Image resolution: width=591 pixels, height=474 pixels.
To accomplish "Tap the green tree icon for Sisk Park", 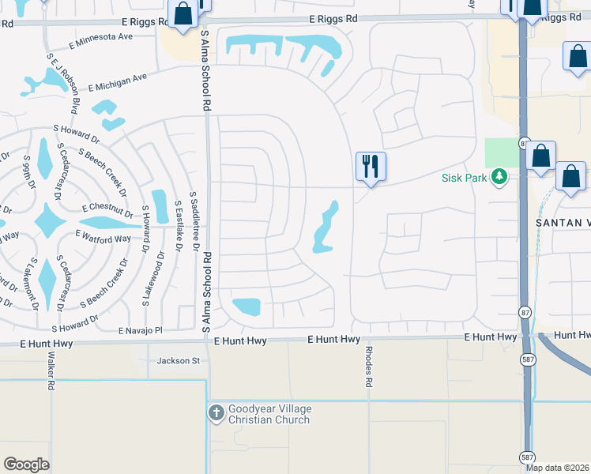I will (499, 177).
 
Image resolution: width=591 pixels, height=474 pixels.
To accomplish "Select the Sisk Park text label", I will (464, 178).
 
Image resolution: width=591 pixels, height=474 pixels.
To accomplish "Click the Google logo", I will (26, 465).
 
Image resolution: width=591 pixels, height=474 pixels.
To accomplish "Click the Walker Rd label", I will (50, 373).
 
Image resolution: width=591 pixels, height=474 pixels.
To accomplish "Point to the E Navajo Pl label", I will (141, 330).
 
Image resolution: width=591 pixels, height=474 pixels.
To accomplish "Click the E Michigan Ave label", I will (118, 81).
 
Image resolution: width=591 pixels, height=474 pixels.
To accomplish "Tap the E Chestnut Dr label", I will (108, 209).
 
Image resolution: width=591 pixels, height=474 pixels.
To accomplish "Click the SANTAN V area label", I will (563, 223).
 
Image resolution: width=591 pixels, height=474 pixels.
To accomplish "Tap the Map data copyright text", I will (558, 468).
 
